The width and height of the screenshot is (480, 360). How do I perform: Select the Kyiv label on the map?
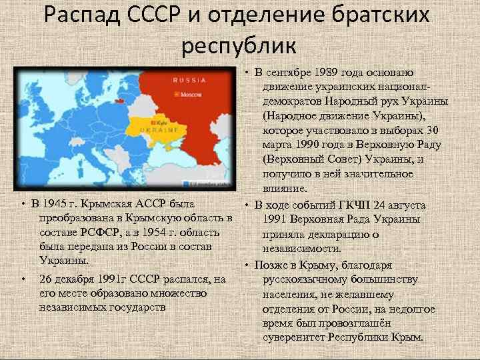(x=160, y=123)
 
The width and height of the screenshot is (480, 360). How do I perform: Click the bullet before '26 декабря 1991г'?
(x=23, y=278)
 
